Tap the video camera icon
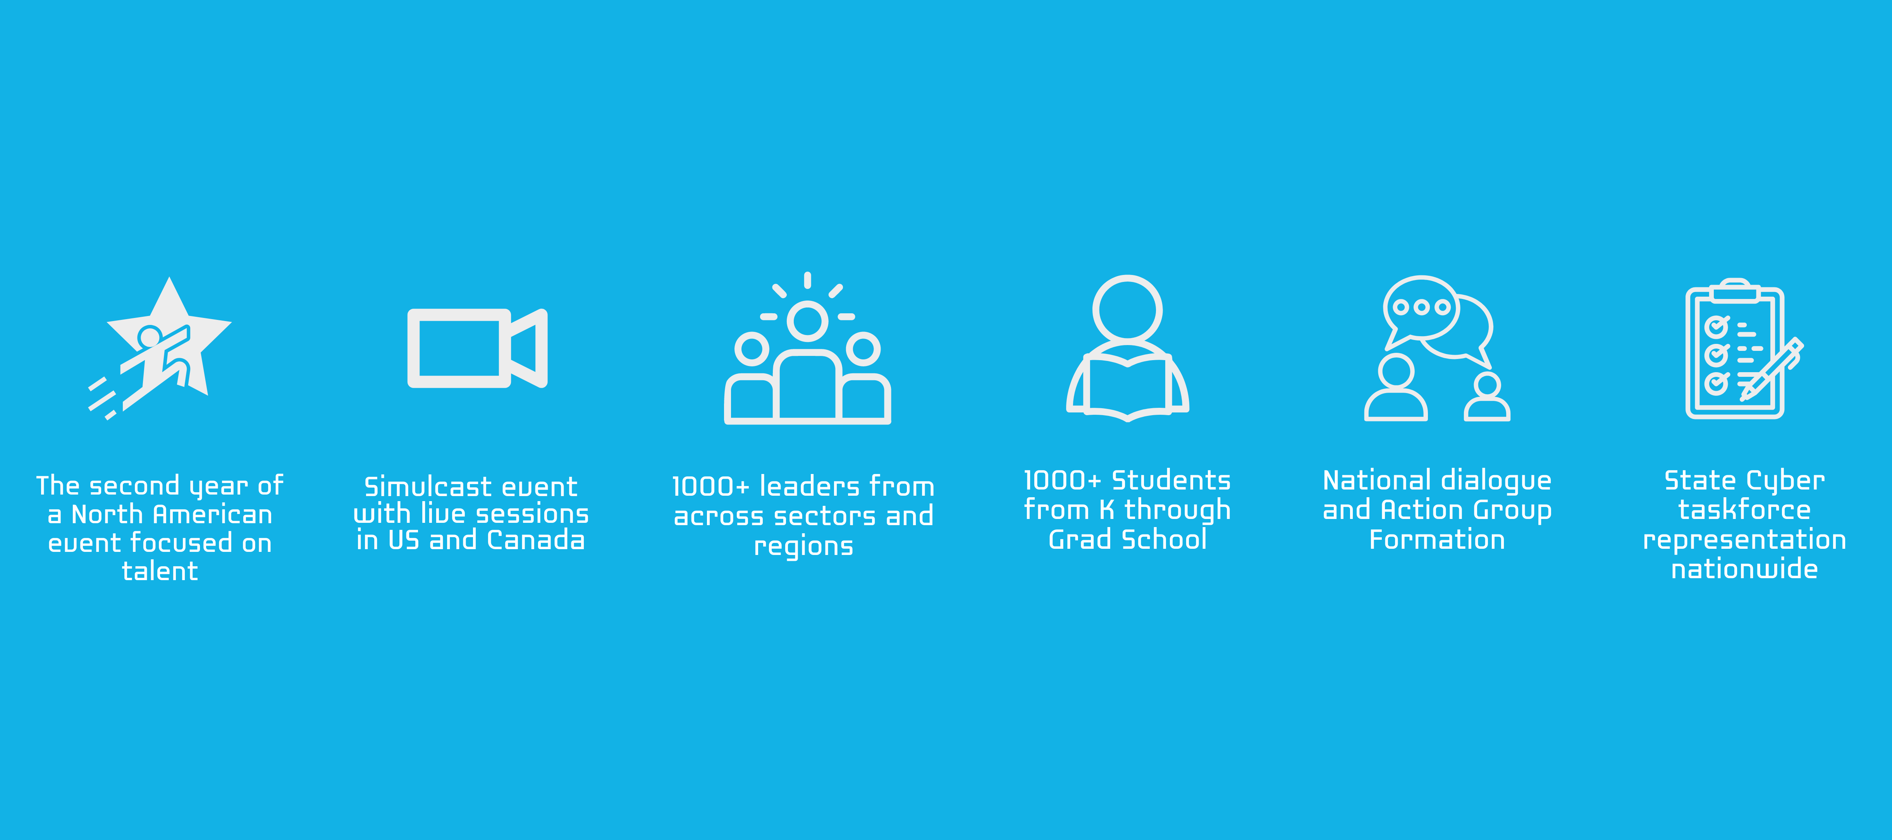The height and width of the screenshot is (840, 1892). [x=477, y=348]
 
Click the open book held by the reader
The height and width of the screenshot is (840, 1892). [x=1127, y=385]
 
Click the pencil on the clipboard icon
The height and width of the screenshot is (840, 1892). [x=1772, y=369]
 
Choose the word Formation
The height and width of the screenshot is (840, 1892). [x=1437, y=540]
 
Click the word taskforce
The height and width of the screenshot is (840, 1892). [x=1744, y=510]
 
